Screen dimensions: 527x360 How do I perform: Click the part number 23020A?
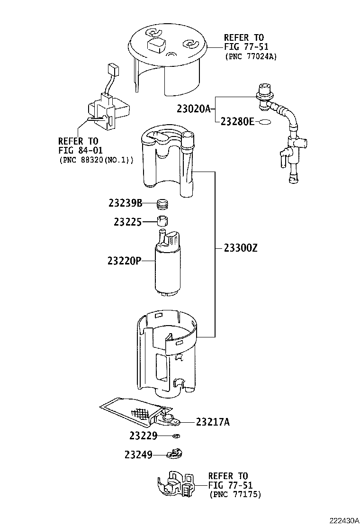[193, 109]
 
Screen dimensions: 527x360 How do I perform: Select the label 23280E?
[236, 122]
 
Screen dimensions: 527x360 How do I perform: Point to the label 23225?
[127, 221]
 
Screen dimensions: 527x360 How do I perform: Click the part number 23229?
[143, 435]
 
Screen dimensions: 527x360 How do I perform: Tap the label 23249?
[138, 455]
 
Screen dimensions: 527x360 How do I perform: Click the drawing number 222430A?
[342, 520]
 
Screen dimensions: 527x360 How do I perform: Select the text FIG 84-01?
[78, 150]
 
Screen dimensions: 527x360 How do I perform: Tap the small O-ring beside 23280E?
[266, 122]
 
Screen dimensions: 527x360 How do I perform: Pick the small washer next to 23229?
[176, 436]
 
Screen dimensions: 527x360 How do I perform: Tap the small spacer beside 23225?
[163, 221]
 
